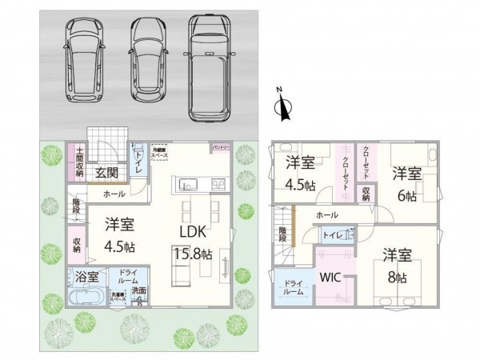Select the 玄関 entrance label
coord(106,172)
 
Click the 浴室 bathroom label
coord(87,278)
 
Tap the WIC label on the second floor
coord(331,278)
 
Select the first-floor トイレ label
coord(138,158)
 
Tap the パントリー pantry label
coord(220,148)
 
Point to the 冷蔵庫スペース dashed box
coord(160,153)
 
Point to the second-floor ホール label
coord(326,216)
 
